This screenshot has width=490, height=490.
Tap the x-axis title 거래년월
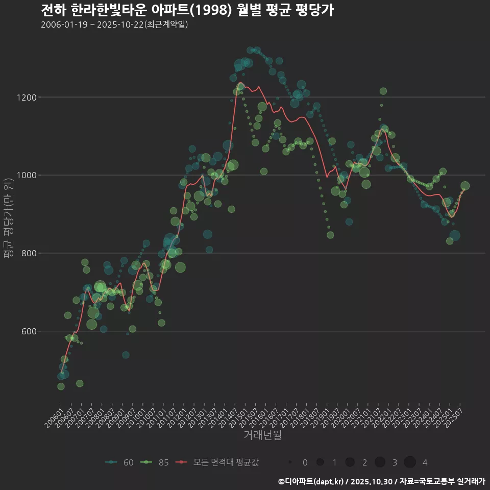pos(262,435)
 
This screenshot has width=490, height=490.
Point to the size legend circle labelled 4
pos(410,462)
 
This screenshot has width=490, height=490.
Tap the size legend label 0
pos(305,462)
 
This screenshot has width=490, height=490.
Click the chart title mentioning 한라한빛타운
pos(187,10)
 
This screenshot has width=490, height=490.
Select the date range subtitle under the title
pos(114,24)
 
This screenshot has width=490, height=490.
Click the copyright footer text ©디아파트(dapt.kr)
pos(311,481)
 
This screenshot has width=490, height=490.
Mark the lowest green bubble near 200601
pos(61,386)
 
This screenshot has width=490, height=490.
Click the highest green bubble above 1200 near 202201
pos(383,91)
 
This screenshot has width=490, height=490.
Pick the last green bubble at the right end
pos(465,186)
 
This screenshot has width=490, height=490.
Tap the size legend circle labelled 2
pos(350,462)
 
